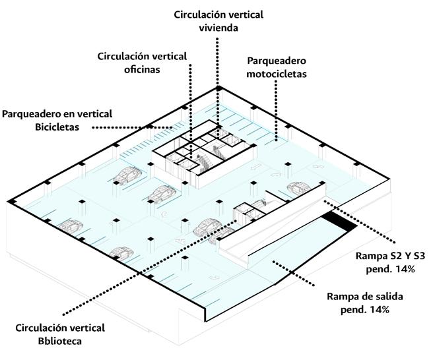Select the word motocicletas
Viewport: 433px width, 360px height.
pyautogui.click(x=277, y=75)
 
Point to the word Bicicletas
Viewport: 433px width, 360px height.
pyautogui.click(x=57, y=127)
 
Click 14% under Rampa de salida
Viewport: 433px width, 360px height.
pyautogui.click(x=375, y=309)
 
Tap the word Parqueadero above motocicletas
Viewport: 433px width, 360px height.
pyautogui.click(x=277, y=61)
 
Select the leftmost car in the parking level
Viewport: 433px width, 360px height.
pyautogui.click(x=68, y=226)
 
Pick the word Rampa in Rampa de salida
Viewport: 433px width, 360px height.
pyautogui.click(x=343, y=296)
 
